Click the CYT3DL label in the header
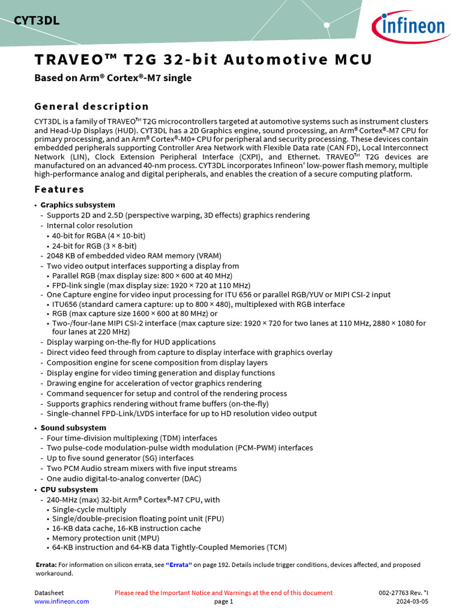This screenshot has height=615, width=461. click(x=37, y=22)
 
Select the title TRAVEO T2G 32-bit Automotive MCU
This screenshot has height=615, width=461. click(x=203, y=60)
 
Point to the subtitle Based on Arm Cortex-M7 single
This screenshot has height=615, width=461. click(x=113, y=77)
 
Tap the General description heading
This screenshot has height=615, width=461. click(x=91, y=106)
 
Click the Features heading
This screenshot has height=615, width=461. click(x=59, y=189)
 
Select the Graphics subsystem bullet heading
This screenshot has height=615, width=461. click(x=77, y=205)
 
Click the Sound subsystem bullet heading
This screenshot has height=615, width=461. click(x=73, y=428)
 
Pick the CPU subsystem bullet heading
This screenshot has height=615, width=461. click(x=68, y=489)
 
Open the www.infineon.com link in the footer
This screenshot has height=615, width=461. click(x=61, y=601)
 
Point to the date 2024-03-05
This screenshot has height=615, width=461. click(x=412, y=601)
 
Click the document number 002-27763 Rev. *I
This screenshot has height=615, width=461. click(x=403, y=593)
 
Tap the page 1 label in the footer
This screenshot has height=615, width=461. click(x=223, y=601)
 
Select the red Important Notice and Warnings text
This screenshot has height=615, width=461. click(x=223, y=593)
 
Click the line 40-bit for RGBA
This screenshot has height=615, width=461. click(x=98, y=235)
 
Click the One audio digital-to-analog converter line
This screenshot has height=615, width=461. click(x=124, y=479)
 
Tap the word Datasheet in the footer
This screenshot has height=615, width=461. click(x=49, y=593)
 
